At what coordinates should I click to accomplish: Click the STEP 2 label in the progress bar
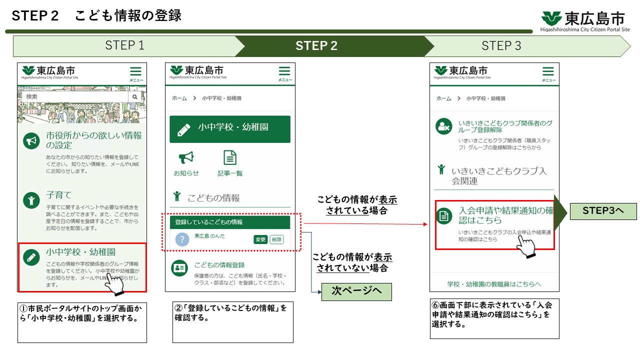tap(316, 46)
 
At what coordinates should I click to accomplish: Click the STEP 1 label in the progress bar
tap(124, 46)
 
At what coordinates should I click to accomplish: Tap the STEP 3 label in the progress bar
tap(501, 46)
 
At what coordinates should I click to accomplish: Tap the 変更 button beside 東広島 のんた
tap(260, 239)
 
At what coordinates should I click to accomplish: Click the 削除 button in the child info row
tap(276, 239)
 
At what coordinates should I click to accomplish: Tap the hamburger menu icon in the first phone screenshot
tap(135, 72)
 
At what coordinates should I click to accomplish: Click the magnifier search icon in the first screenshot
tap(135, 96)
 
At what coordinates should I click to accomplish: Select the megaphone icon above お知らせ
tap(186, 158)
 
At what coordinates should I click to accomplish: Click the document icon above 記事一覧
tap(230, 158)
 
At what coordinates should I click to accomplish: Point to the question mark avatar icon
tap(182, 239)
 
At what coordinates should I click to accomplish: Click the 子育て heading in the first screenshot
tap(59, 195)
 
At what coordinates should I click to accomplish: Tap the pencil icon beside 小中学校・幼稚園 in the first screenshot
tap(31, 257)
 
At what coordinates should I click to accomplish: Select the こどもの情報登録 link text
tap(219, 265)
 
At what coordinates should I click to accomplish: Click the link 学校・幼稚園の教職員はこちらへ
tap(494, 284)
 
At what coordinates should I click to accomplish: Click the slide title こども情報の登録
tap(128, 15)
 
